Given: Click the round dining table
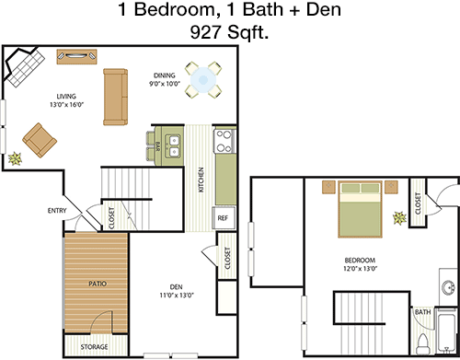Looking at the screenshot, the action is [203, 80].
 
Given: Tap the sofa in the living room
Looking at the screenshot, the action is [115, 97].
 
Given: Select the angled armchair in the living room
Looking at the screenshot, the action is [40, 140].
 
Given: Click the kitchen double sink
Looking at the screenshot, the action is [174, 145].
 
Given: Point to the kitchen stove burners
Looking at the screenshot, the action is [224, 142].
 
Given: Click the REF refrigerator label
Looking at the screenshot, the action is [223, 218].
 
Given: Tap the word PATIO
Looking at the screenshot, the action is [98, 284].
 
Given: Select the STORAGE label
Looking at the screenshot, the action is [94, 347].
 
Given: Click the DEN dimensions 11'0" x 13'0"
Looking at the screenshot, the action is [177, 296].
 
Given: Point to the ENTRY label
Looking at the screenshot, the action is [57, 211].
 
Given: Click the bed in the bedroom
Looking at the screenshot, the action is [361, 209].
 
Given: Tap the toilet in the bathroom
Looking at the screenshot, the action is [423, 344].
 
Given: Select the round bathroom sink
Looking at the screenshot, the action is [449, 287].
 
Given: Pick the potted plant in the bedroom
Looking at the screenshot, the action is [400, 218].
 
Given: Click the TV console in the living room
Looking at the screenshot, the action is [77, 56].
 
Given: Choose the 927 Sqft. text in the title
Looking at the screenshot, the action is [229, 32].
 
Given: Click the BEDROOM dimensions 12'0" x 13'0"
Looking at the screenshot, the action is [360, 269].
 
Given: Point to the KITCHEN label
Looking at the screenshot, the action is [201, 180].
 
